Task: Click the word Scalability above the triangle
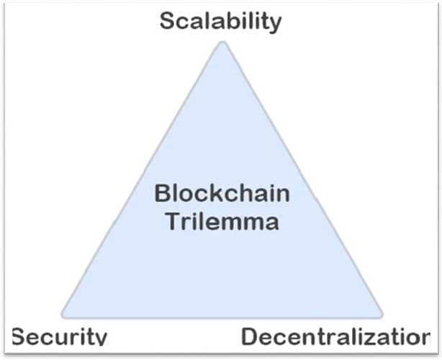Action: click(x=220, y=21)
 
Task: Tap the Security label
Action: click(x=60, y=337)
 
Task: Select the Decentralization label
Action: click(x=335, y=337)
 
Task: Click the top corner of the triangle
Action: click(x=222, y=45)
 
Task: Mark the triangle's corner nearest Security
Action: click(x=64, y=315)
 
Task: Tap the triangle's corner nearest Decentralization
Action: click(x=379, y=315)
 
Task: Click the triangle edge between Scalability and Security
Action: click(x=143, y=180)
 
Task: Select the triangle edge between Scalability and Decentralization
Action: click(x=302, y=180)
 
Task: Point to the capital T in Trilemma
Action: click(x=171, y=220)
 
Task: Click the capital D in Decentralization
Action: click(x=250, y=337)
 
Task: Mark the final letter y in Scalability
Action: click(x=275, y=24)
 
